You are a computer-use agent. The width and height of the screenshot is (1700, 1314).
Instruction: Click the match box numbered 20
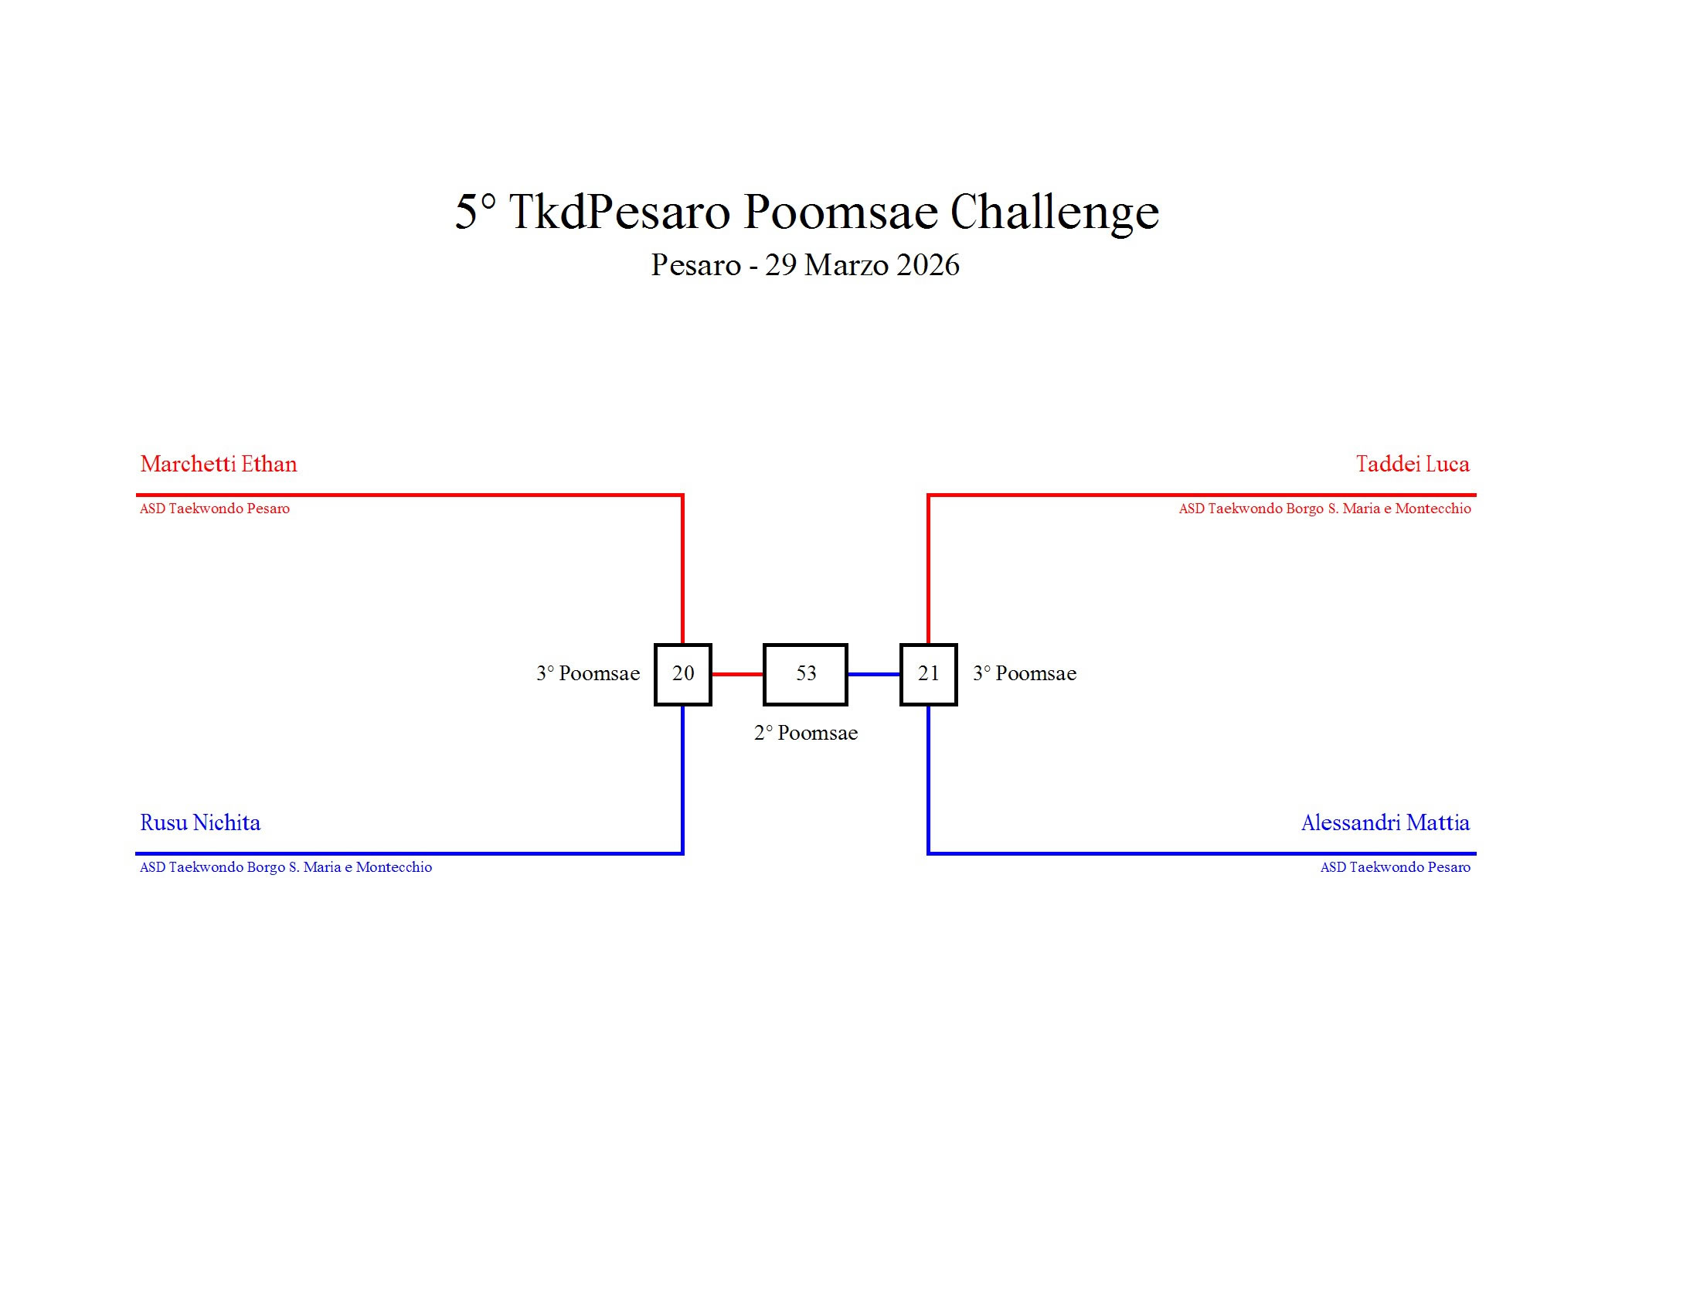pyautogui.click(x=682, y=674)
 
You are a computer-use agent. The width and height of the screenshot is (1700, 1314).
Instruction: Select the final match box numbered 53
pyautogui.click(x=806, y=674)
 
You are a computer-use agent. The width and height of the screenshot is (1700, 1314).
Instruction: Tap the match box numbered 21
pyautogui.click(x=929, y=674)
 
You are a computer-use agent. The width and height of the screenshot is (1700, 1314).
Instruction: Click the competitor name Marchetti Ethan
pyautogui.click(x=219, y=464)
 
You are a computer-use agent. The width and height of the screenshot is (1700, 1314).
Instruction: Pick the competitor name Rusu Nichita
pyautogui.click(x=200, y=822)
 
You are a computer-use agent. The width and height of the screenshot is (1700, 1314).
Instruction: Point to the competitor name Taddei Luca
pyautogui.click(x=1413, y=464)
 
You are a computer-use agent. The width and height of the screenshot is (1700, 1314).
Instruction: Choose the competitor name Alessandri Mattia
pyautogui.click(x=1385, y=822)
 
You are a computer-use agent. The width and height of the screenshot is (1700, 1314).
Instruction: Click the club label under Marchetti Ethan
pyautogui.click(x=215, y=509)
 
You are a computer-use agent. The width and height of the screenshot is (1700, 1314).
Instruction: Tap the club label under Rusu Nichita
pyautogui.click(x=286, y=867)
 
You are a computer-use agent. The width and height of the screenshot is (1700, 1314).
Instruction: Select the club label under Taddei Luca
pyautogui.click(x=1324, y=509)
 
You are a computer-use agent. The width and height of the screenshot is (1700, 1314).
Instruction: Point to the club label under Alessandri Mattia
pyautogui.click(x=1396, y=867)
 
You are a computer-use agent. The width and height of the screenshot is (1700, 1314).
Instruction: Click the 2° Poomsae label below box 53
pyautogui.click(x=806, y=733)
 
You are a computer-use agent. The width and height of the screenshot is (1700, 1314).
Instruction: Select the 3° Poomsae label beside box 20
pyautogui.click(x=588, y=673)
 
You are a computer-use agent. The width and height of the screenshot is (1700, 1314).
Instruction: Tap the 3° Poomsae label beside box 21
pyautogui.click(x=1025, y=673)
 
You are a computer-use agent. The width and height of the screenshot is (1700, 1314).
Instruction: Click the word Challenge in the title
pyautogui.click(x=1055, y=213)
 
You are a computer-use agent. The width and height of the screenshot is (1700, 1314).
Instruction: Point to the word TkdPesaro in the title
pyautogui.click(x=620, y=211)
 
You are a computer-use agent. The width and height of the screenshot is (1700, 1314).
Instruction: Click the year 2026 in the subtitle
pyautogui.click(x=928, y=264)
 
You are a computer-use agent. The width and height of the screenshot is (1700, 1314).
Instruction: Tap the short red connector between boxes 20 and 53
pyautogui.click(x=737, y=674)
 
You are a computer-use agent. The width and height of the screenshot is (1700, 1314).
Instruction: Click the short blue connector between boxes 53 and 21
pyautogui.click(x=874, y=674)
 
